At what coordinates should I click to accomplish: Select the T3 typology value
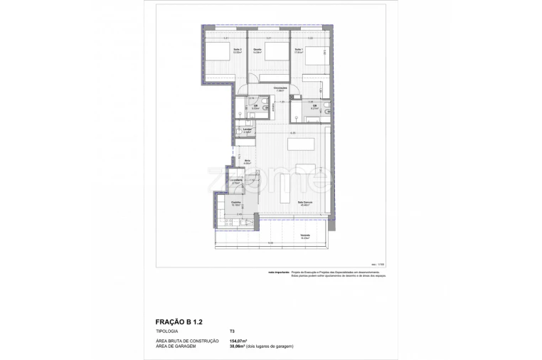click(232, 332)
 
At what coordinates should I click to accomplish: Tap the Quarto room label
click(257, 49)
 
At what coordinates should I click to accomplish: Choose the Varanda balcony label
click(304, 235)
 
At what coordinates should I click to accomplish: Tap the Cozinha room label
click(235, 203)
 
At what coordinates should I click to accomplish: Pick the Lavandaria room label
click(237, 179)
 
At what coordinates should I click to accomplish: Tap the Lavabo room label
click(247, 129)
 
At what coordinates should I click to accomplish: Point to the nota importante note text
click(324, 273)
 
